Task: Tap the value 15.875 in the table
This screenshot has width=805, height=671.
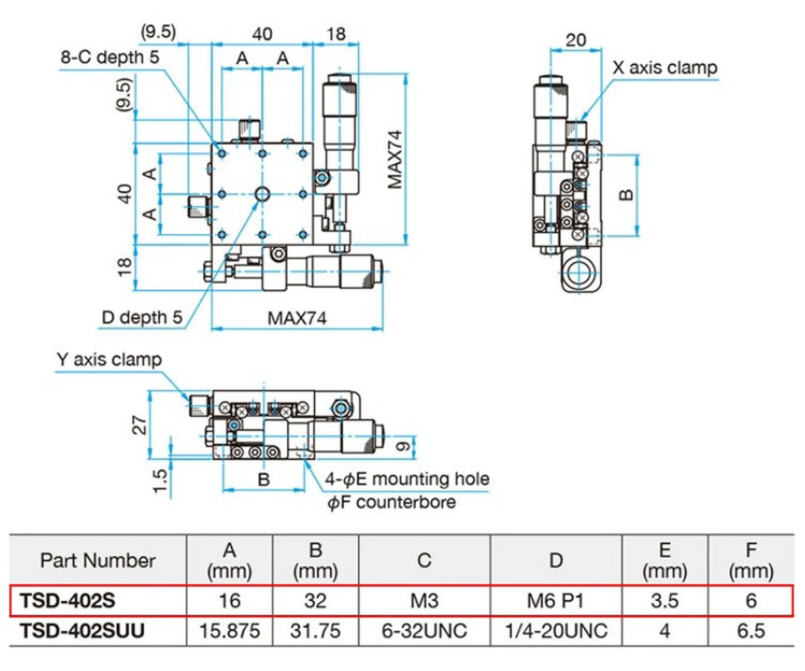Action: [x=229, y=630]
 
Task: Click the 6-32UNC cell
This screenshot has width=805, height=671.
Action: [x=425, y=630]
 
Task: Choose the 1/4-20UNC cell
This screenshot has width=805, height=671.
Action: [x=556, y=630]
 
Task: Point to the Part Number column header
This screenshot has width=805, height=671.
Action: [x=97, y=560]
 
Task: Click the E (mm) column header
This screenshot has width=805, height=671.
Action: [x=665, y=560]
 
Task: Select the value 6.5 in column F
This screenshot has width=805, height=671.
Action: [x=751, y=630]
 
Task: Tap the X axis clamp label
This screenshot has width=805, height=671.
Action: [x=665, y=68]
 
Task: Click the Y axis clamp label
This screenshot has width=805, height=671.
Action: [x=108, y=360]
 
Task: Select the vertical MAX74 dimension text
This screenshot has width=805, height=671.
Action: [x=394, y=159]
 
